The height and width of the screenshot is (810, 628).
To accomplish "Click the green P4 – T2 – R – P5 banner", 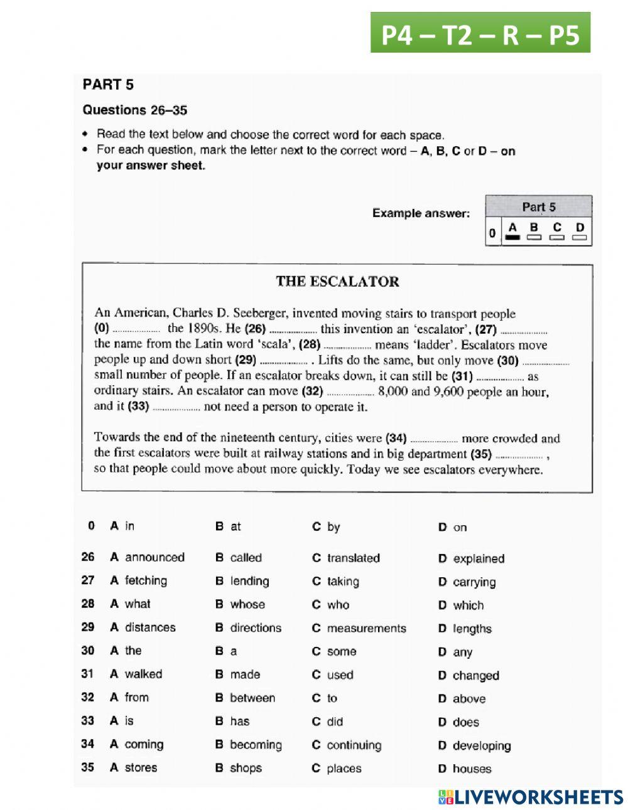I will [x=480, y=33].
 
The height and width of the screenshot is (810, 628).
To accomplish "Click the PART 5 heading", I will [x=108, y=85].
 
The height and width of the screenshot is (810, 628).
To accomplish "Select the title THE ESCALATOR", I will [x=337, y=282].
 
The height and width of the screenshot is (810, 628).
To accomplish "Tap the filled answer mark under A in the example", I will [x=512, y=238].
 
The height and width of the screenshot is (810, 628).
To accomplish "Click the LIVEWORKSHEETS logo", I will [x=531, y=797].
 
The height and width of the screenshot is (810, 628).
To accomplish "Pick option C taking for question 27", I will [x=336, y=582].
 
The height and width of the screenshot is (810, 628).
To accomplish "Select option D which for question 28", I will [x=461, y=605].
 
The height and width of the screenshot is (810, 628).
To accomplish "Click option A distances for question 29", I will [x=143, y=627].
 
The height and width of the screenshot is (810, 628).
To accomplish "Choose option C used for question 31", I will [x=333, y=675].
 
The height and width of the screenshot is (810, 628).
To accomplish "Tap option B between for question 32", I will [x=245, y=698].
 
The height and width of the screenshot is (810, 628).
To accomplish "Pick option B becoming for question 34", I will [x=249, y=745].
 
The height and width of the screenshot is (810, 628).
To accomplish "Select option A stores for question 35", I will [x=134, y=768].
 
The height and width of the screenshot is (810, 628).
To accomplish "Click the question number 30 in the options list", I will [x=87, y=651].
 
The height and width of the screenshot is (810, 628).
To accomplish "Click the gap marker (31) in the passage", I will [x=462, y=376].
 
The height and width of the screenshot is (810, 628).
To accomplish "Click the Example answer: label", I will [x=421, y=213].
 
